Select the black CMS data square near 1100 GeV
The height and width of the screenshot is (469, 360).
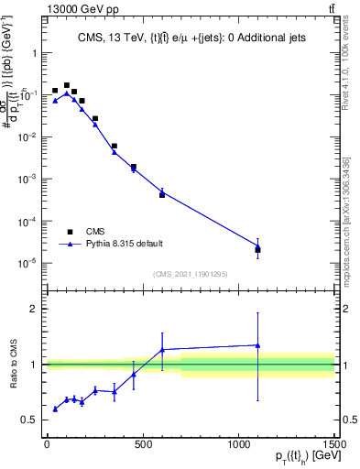pos(257,249)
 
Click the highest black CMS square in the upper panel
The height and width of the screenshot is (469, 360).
pos(66,84)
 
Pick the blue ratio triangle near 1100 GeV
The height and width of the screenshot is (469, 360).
pos(257,345)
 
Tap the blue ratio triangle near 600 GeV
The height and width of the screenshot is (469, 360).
pos(162,350)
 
